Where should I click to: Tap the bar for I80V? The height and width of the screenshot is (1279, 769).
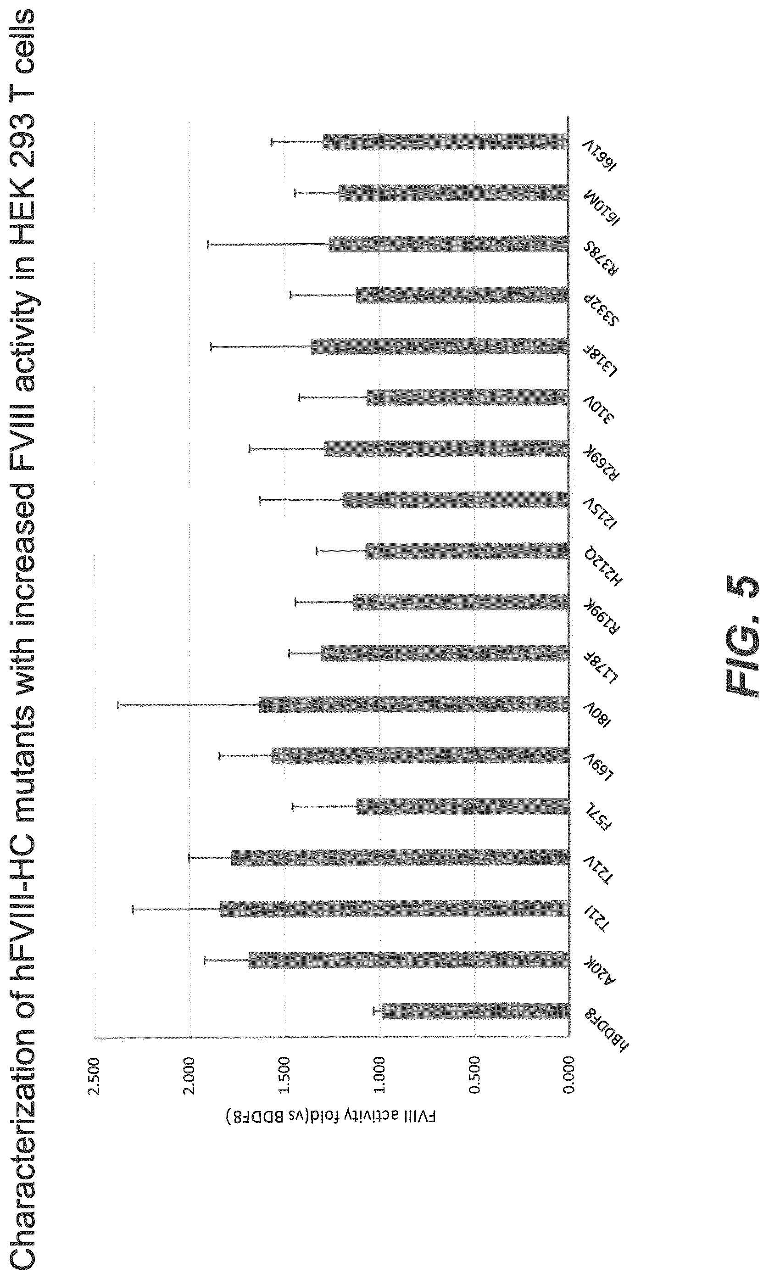click(413, 704)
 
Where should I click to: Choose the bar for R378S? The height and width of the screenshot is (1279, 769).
click(448, 244)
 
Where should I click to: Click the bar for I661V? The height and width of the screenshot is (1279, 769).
click(446, 142)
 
